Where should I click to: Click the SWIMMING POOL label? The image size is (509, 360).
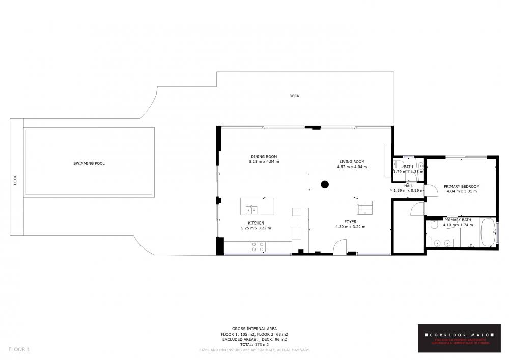point(89,163)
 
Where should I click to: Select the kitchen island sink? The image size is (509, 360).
point(252,209)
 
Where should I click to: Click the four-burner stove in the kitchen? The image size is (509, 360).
point(258,247)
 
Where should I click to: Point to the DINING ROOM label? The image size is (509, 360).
point(264,156)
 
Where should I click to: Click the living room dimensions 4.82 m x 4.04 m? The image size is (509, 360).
point(353,167)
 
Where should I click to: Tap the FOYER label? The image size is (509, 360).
point(350,221)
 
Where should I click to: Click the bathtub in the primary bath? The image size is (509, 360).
point(488,233)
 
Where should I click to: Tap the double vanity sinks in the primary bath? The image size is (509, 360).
point(441,243)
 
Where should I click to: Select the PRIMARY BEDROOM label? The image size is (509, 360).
point(461,186)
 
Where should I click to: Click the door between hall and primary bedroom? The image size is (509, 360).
point(431,190)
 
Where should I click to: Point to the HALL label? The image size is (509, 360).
point(409,186)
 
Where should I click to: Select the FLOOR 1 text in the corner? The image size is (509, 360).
point(19,349)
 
